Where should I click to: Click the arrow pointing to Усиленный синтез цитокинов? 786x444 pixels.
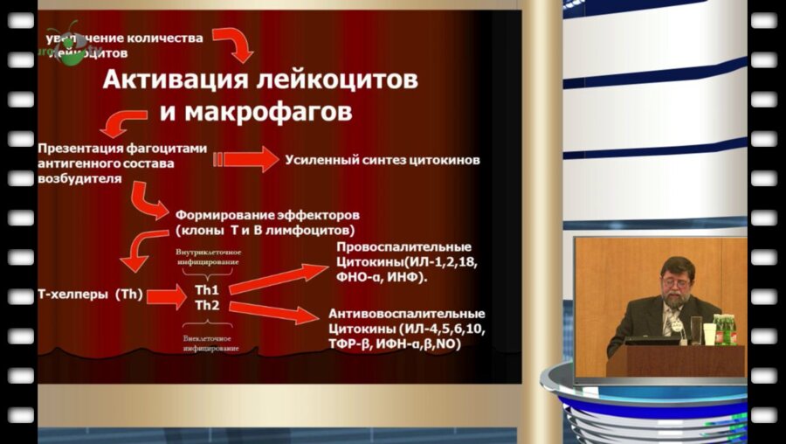click(x=246, y=159)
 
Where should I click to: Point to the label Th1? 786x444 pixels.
click(x=206, y=289)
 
